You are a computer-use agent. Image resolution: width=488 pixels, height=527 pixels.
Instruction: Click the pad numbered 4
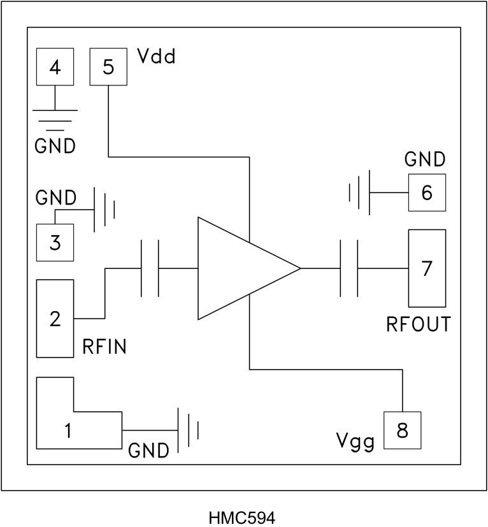point(55,67)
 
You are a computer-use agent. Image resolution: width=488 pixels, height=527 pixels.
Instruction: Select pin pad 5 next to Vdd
point(108,67)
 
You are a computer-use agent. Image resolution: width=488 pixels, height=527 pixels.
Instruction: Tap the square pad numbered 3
point(55,243)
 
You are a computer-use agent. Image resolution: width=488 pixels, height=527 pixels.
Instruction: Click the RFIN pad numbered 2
point(55,318)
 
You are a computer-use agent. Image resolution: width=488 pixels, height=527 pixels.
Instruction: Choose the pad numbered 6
point(427,192)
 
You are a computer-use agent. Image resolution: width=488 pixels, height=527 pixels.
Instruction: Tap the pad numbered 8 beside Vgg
point(401,431)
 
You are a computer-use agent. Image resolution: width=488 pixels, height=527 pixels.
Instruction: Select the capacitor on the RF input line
point(150,268)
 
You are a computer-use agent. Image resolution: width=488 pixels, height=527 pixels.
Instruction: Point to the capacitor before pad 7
point(349,268)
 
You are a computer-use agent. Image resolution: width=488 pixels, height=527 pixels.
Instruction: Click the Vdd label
point(156,59)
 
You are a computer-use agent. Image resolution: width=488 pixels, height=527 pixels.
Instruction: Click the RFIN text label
point(104,347)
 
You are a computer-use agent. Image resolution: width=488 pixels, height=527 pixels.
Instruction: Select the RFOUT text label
point(418,324)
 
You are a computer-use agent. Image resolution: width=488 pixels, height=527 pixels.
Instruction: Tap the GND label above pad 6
point(426,159)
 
